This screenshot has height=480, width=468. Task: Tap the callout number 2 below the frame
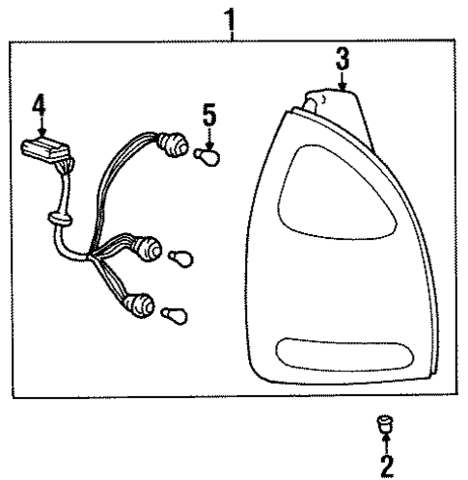point(386,467)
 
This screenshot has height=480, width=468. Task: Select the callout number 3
point(342,59)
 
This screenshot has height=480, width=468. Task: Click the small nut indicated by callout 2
point(384,422)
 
